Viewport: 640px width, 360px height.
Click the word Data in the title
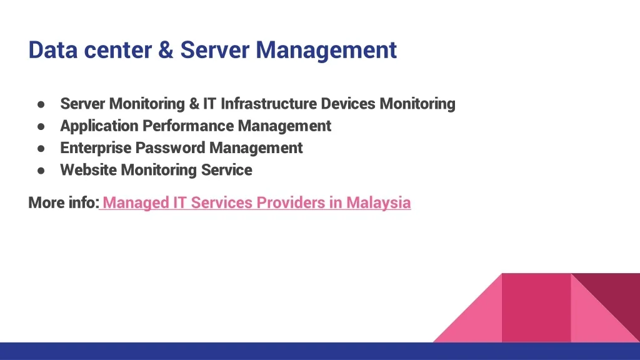(52, 50)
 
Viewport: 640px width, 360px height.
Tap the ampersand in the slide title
(166, 50)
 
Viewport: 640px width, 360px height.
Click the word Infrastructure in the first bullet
(269, 104)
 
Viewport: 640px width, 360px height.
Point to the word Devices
(348, 104)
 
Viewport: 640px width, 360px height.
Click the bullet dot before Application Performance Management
(41, 126)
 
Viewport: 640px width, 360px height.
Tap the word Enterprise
(96, 147)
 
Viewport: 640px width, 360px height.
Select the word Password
(170, 147)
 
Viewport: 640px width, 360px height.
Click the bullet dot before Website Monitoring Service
(41, 171)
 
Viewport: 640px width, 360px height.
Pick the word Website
(89, 170)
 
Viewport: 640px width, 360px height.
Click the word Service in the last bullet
(226, 170)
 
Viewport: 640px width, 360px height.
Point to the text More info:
(64, 202)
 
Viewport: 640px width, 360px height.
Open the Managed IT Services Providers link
(257, 203)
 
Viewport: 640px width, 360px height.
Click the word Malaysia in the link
(378, 203)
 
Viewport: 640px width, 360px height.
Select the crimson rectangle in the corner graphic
(536, 307)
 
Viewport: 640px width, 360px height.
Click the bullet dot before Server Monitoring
(41, 104)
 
